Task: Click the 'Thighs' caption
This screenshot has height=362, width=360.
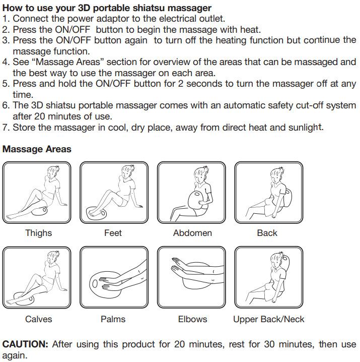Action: coord(38,233)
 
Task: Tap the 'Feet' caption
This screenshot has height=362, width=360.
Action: coord(113,233)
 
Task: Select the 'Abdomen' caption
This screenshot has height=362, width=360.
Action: coord(192,233)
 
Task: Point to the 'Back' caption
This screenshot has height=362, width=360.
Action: coord(267,233)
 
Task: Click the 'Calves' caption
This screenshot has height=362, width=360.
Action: coord(38,319)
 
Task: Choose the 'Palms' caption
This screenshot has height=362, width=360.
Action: coord(113,319)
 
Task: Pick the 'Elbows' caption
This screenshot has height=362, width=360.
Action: coord(192,319)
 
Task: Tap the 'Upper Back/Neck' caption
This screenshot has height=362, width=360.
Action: coord(269,319)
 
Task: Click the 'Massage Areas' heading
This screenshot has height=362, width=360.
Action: coord(37,149)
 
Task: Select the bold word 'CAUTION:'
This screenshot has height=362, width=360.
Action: coord(25,344)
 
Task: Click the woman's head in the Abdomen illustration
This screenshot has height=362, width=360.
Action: coord(200,174)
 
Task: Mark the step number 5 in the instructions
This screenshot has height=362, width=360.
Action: coord(5,84)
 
